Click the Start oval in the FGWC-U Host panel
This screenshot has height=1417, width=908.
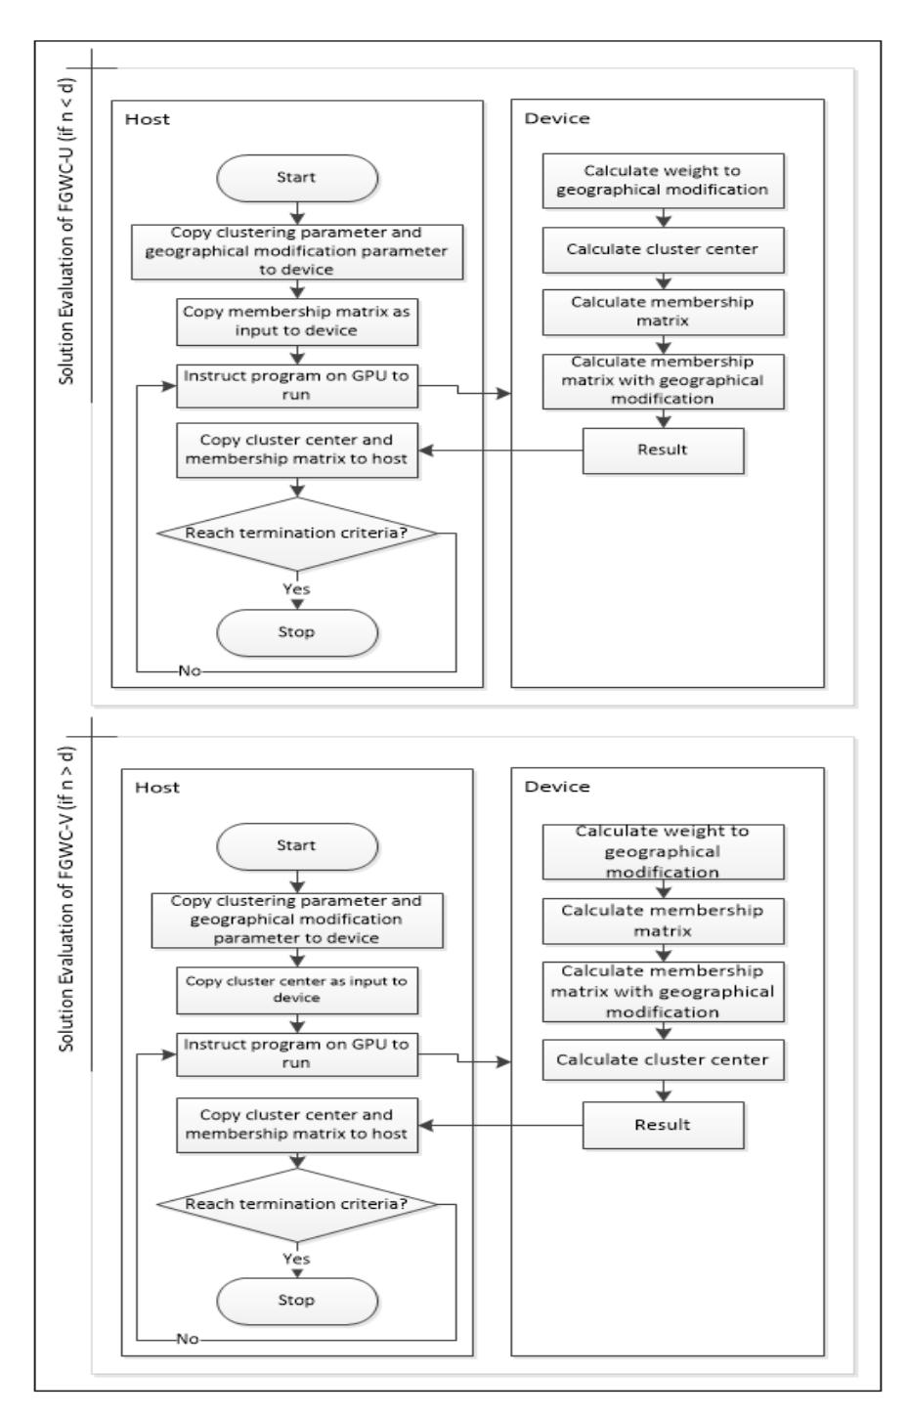tap(297, 179)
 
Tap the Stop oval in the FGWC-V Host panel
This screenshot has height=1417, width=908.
tap(297, 1301)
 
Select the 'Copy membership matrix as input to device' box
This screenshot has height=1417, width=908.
tap(297, 322)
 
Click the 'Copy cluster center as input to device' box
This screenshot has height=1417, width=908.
tap(297, 990)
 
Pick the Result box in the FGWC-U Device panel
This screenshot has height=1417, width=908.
tap(663, 451)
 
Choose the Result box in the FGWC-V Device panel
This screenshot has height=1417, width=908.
tap(663, 1126)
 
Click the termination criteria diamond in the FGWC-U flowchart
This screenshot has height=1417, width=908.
tap(297, 534)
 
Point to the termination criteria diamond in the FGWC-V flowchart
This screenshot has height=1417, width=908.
tap(297, 1204)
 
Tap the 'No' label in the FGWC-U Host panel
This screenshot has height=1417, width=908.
tap(190, 670)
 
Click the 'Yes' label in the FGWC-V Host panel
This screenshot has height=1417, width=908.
tap(297, 1259)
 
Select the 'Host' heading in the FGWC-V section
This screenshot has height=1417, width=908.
tap(157, 788)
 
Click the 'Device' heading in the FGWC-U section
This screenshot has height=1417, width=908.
tap(557, 118)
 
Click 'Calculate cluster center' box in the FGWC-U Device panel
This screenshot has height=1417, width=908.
tap(663, 250)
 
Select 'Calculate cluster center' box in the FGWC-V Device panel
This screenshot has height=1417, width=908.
tap(663, 1059)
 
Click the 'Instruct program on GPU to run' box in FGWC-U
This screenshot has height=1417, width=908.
tap(297, 386)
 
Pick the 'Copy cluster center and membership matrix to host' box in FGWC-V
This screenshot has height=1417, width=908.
tap(297, 1125)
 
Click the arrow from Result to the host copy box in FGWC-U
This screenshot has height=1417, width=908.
tap(500, 451)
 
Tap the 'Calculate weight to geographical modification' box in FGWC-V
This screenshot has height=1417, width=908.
tap(663, 851)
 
